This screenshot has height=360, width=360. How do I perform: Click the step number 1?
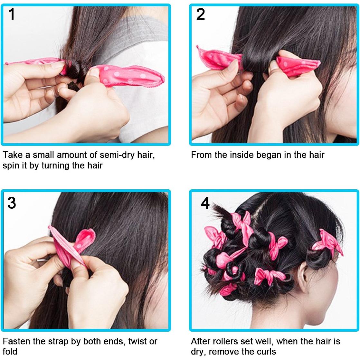tap(12, 14)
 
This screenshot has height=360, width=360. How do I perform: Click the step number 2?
tap(201, 14)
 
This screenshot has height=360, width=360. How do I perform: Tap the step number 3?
tap(12, 203)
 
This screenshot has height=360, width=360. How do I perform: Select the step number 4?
tap(205, 203)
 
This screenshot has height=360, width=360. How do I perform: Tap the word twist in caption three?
tap(138, 341)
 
